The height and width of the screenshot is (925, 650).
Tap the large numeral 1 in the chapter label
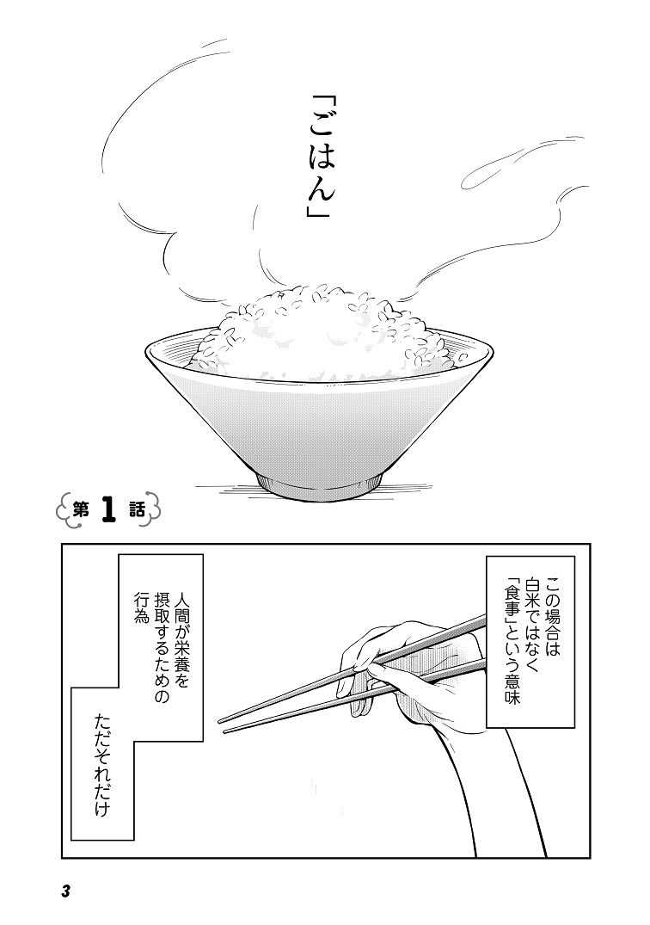(109, 509)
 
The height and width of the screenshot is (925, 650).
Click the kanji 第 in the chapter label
(81, 509)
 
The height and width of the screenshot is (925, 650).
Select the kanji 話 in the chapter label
(137, 509)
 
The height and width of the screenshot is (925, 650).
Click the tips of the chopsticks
(223, 725)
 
